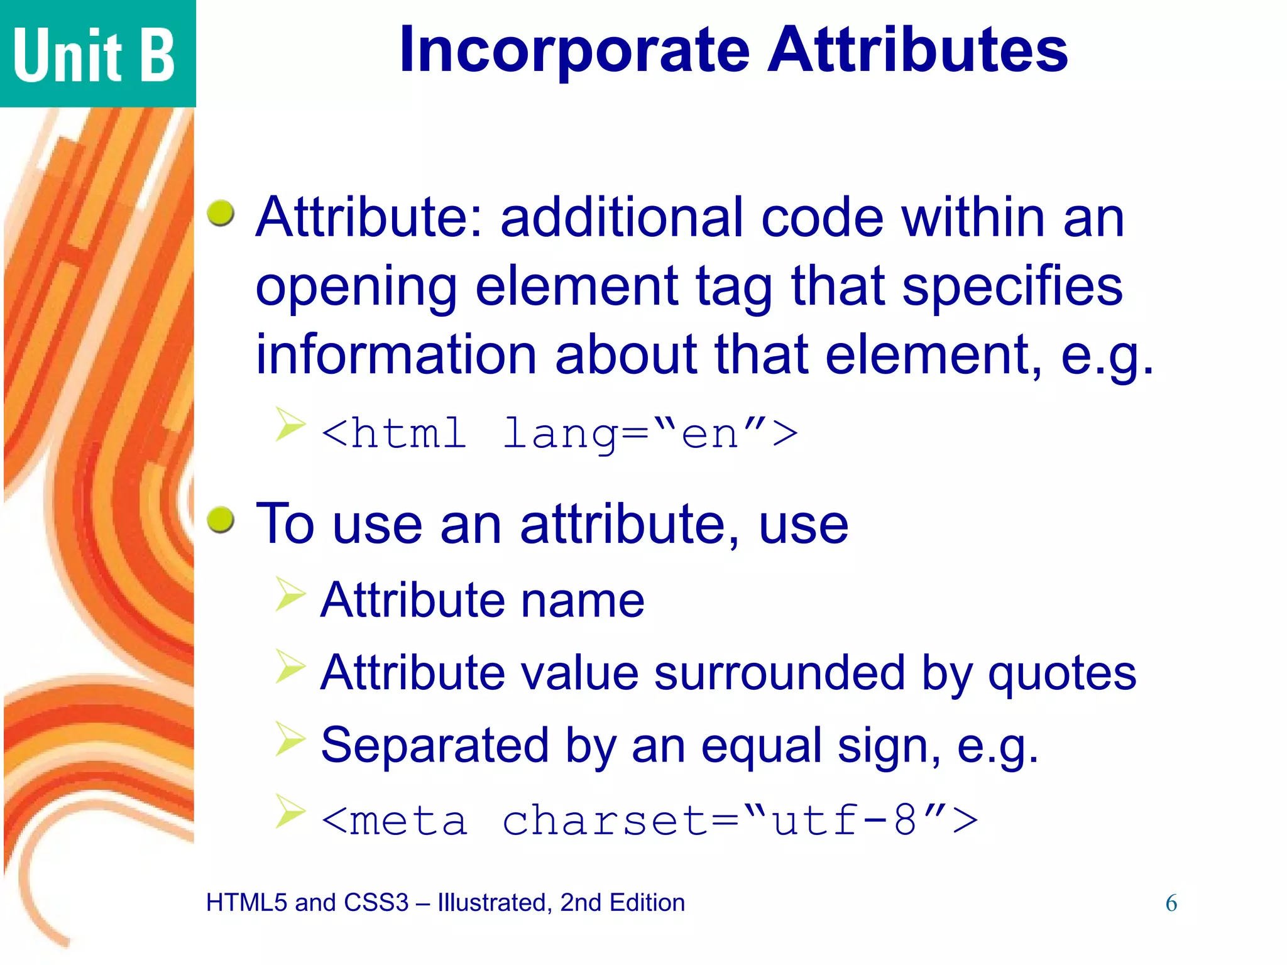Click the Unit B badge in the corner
point(94,55)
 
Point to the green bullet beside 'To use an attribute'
point(221,520)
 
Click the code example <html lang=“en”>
point(559,433)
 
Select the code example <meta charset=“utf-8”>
point(649,820)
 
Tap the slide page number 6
point(1171,903)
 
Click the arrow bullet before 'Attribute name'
point(290,594)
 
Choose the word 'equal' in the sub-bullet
point(762,746)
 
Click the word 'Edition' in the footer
point(647,903)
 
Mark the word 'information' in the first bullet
point(396,354)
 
